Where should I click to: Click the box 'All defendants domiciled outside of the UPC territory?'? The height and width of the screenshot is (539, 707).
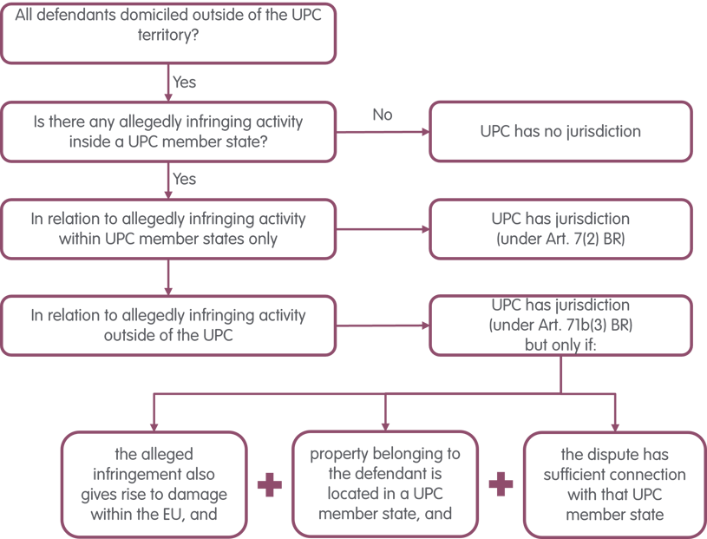tap(168, 33)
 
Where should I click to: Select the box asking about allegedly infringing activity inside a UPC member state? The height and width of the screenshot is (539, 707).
tap(168, 132)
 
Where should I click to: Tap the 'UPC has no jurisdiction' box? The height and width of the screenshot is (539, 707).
tap(561, 132)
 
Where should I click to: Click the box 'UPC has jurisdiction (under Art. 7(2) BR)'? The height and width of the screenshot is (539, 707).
tap(561, 229)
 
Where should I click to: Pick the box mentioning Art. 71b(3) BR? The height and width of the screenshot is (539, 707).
tap(561, 325)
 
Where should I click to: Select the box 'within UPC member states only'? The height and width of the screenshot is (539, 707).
tap(168, 229)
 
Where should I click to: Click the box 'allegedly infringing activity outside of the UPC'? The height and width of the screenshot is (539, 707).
tap(168, 325)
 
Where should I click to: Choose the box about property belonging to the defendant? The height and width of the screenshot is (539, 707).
tap(386, 484)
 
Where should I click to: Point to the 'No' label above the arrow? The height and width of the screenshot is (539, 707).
tap(382, 115)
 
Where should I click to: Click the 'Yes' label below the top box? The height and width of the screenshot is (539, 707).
tap(185, 83)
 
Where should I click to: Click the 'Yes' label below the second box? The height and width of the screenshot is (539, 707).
tap(185, 180)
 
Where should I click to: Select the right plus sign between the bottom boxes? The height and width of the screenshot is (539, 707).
tap(501, 484)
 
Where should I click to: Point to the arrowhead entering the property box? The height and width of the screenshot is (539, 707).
tap(386, 425)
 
